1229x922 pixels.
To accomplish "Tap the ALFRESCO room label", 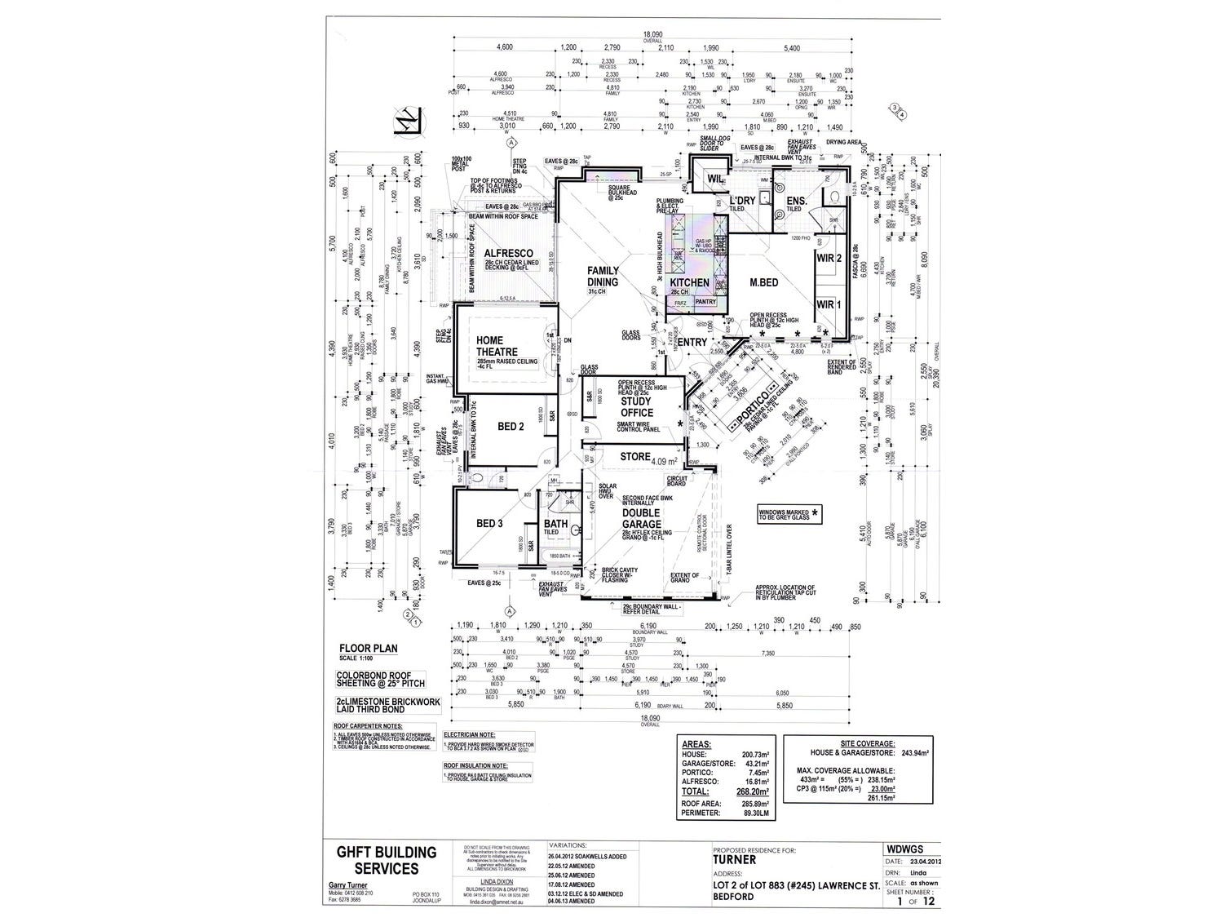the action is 508,253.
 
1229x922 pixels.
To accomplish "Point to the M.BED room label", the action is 765,282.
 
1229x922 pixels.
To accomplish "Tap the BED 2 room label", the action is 510,426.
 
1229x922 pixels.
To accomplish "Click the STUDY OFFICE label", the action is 637,407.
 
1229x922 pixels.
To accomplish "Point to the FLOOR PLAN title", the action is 368,649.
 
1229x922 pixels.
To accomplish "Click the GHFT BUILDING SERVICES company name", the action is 387,860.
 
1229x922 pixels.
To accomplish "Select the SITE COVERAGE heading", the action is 863,743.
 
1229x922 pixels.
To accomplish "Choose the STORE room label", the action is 636,457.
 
